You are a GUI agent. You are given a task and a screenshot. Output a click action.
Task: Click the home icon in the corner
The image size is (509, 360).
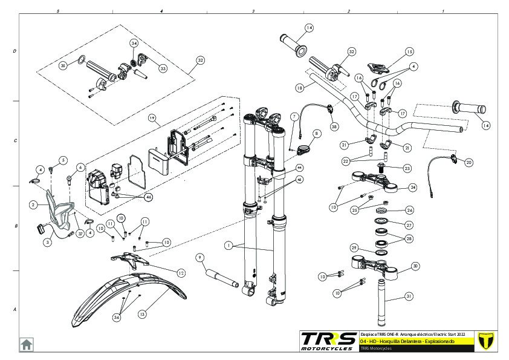pos(27,344)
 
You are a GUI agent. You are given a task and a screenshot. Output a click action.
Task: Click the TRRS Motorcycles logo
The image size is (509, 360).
pos(328,341)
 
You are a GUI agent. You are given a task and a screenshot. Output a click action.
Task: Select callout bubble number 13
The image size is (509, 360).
pos(143,314)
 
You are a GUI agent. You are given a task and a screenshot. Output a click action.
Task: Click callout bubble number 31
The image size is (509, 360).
pos(409,296)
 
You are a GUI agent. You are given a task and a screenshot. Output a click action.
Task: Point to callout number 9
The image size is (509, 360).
pos(200,257)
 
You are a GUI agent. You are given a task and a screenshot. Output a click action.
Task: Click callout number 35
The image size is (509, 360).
pos(62,65)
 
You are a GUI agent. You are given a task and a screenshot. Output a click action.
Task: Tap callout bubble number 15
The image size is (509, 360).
pos(409,52)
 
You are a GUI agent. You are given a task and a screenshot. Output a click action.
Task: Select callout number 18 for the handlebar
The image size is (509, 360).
pos(300,88)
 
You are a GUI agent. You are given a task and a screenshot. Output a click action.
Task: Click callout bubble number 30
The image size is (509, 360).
pos(415,266)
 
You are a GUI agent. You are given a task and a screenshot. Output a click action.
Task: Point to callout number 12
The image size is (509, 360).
pos(180,273)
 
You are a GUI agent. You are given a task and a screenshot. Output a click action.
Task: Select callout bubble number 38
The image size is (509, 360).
pos(334,127)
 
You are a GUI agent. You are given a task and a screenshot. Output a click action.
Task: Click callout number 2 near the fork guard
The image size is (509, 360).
pos(32,205)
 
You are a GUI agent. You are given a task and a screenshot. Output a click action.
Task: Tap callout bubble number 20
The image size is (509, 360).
pos(469,162)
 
